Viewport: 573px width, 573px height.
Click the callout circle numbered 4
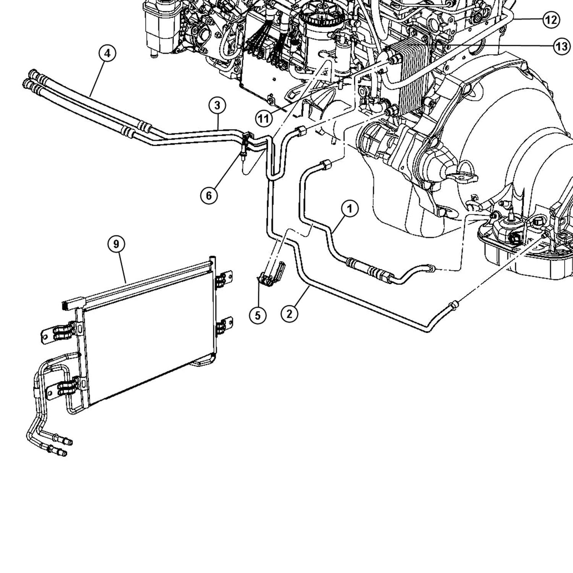coord(107,53)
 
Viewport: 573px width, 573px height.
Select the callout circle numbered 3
coord(217,106)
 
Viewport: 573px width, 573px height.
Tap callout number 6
coord(209,196)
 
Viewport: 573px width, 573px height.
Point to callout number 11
coord(263,119)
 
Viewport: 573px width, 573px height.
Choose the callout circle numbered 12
coord(550,19)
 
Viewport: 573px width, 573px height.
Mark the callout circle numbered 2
coord(289,314)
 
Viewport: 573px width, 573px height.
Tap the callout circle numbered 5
coord(258,315)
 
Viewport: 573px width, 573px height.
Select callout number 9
coord(117,244)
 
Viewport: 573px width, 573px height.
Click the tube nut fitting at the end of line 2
coord(453,304)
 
